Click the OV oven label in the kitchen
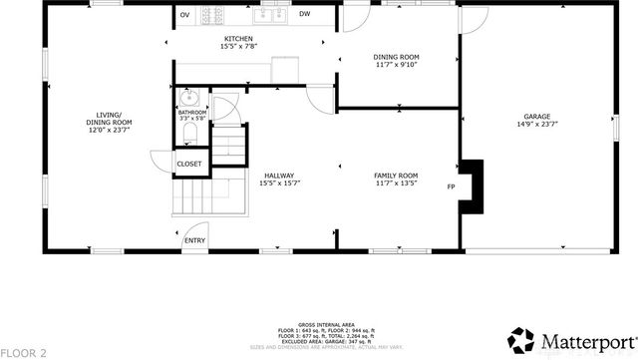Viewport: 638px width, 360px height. [x=185, y=15]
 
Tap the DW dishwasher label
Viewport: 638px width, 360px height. [x=304, y=15]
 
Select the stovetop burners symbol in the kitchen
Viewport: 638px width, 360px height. [x=212, y=15]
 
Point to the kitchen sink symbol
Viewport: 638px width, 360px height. [x=275, y=15]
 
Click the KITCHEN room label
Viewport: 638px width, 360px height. [x=237, y=39]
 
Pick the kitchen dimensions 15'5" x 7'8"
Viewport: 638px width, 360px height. [x=237, y=47]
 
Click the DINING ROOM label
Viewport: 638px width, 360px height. [x=396, y=58]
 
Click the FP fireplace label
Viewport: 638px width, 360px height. [x=451, y=186]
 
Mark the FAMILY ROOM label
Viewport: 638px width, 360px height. [x=396, y=175]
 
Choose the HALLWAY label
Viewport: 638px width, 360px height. [x=279, y=175]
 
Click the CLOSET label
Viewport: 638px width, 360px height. [x=188, y=164]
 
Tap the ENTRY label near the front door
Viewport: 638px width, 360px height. [x=194, y=240]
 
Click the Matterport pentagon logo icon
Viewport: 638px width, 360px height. [x=521, y=341]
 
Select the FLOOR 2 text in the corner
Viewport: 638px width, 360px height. [x=22, y=352]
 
